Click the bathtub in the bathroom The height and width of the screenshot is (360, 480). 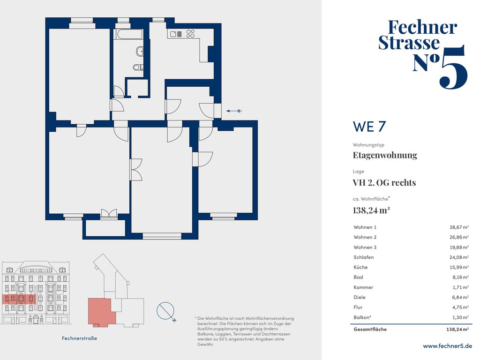(128, 34)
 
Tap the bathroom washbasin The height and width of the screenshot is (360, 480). (140, 52)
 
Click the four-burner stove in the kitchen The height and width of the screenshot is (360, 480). (190, 33)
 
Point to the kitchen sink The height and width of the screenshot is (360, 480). (176, 34)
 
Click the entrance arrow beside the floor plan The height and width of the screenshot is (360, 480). (234, 111)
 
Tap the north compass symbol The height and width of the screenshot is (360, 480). (166, 312)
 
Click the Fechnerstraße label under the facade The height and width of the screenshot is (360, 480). (79, 338)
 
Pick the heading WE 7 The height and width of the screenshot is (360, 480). (369, 127)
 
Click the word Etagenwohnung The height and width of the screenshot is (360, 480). (385, 155)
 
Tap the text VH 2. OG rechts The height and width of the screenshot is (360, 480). (384, 183)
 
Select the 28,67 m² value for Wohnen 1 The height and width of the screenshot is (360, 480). (459, 227)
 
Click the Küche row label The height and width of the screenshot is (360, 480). (360, 267)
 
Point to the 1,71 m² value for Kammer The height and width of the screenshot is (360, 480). (460, 287)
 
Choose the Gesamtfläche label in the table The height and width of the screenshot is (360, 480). (370, 330)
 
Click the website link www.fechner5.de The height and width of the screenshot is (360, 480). (447, 346)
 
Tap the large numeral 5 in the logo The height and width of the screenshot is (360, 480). (453, 67)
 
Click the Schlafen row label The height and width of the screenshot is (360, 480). (363, 257)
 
